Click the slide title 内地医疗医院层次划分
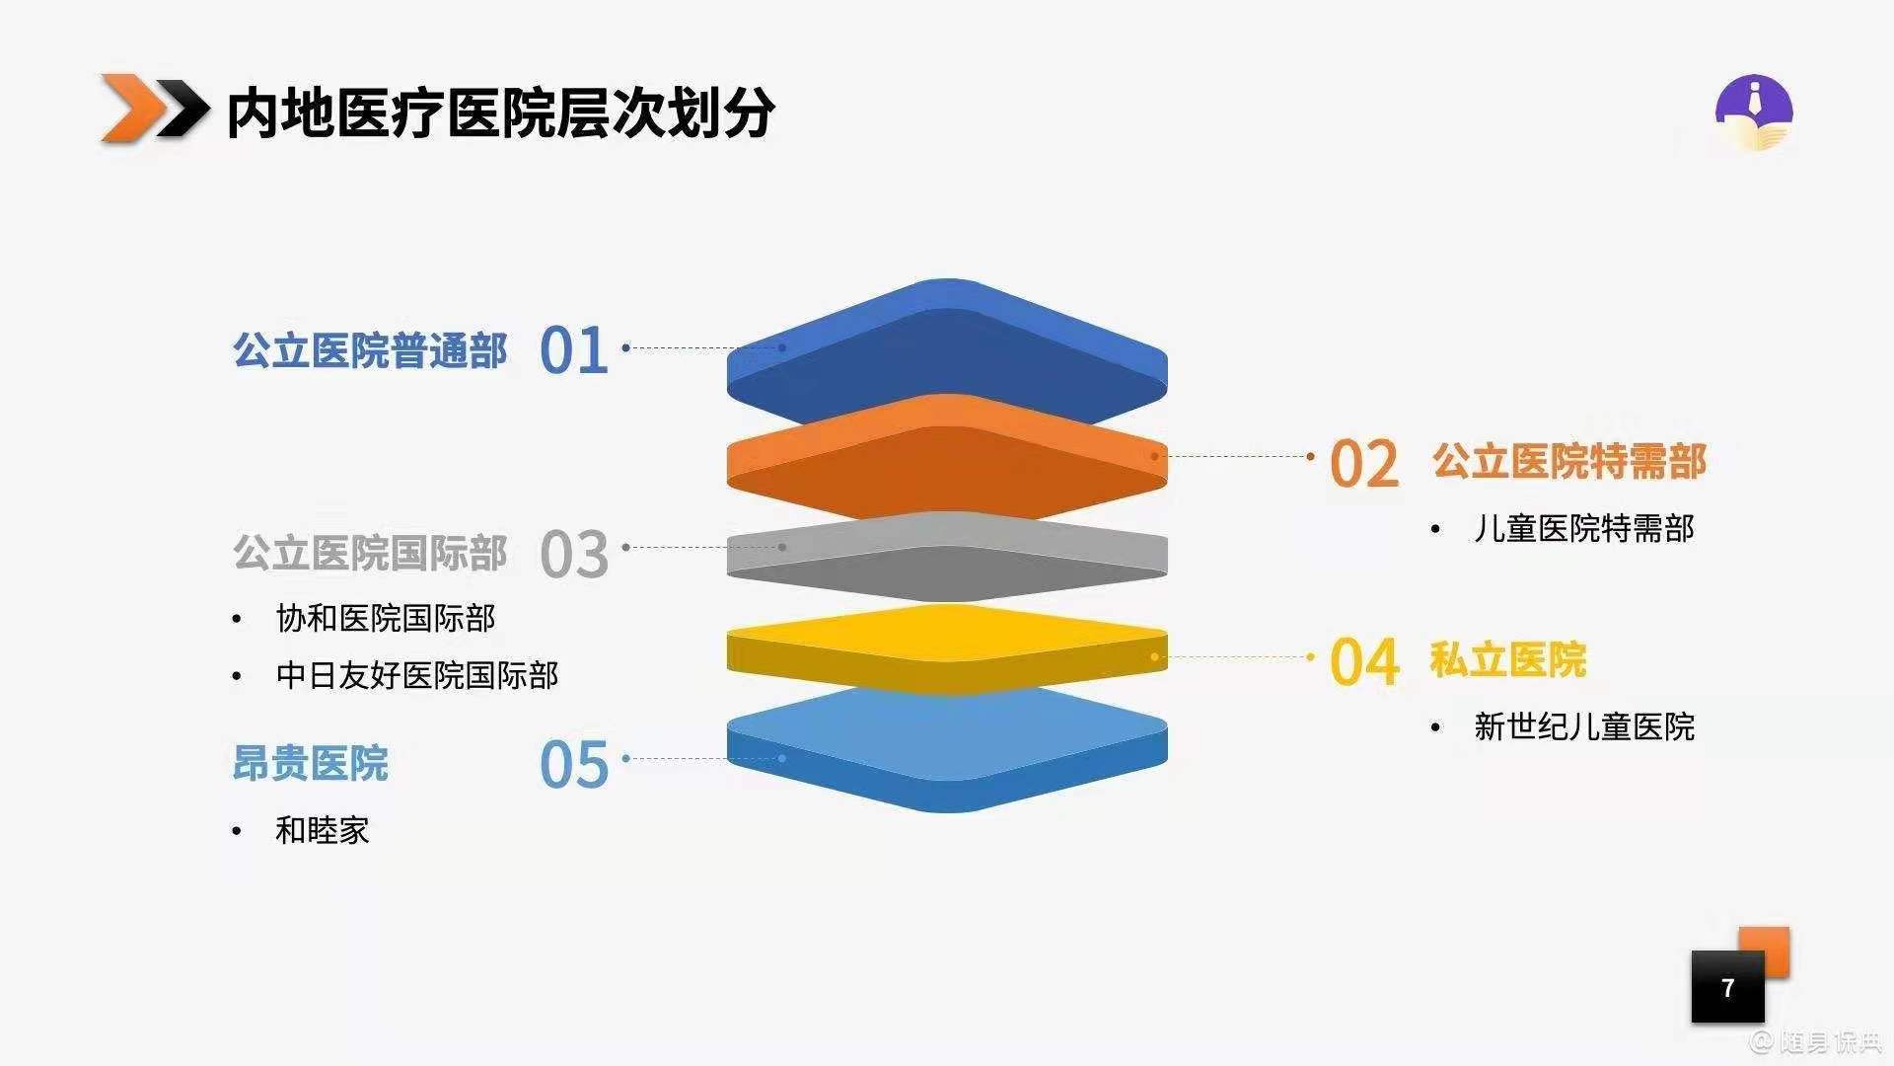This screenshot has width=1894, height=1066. click(x=500, y=112)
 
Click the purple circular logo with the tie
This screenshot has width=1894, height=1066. click(x=1753, y=113)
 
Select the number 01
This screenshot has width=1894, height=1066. click(x=574, y=350)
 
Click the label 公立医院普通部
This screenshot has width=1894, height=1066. click(x=370, y=350)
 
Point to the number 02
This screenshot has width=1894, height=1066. click(x=1364, y=463)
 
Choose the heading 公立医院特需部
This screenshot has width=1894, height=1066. click(x=1569, y=461)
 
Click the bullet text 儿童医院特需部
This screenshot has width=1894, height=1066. click(x=1584, y=529)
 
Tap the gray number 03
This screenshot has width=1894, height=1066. click(x=574, y=554)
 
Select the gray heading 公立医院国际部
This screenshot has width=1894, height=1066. click(x=370, y=553)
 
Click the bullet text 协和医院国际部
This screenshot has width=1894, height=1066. click(x=386, y=619)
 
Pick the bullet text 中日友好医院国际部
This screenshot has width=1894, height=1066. click(x=417, y=676)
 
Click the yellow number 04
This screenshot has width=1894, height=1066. click(x=1364, y=661)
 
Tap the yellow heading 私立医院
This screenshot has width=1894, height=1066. click(x=1508, y=659)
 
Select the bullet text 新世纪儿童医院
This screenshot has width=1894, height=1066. click(x=1584, y=727)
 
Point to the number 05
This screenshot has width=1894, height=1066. click(x=574, y=765)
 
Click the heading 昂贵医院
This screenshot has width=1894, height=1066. click(x=311, y=763)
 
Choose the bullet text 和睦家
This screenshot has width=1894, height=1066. click(x=323, y=831)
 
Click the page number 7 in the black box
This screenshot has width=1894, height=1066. click(x=1727, y=987)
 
